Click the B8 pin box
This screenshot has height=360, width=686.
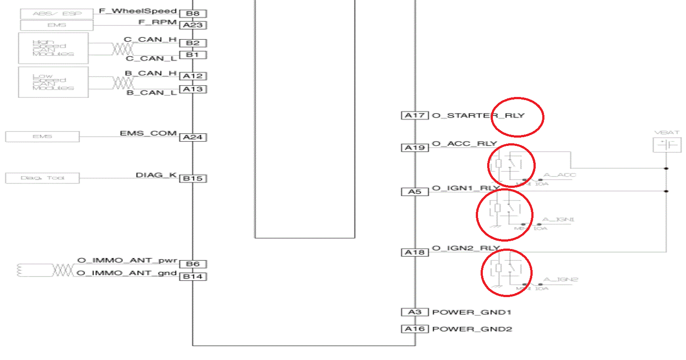193,14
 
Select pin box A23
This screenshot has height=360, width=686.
193,25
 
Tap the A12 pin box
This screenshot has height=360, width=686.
193,76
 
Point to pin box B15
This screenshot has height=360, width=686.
193,178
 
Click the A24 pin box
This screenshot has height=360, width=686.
193,137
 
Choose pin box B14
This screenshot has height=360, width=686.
193,277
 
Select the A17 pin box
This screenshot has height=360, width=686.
415,115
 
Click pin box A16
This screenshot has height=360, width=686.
415,329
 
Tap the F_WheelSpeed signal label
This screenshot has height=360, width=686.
138,11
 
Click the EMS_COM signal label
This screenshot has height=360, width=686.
148,133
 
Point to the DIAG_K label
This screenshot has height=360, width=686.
156,175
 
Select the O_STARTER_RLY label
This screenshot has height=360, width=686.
478,115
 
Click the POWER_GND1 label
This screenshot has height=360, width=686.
471,312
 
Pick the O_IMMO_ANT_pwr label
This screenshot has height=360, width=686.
127,260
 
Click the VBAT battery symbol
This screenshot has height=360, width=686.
667,145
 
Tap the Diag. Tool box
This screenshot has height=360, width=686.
42,178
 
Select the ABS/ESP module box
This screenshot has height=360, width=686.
57,14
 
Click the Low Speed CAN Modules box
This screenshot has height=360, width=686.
53,82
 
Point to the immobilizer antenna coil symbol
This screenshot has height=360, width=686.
20,270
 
